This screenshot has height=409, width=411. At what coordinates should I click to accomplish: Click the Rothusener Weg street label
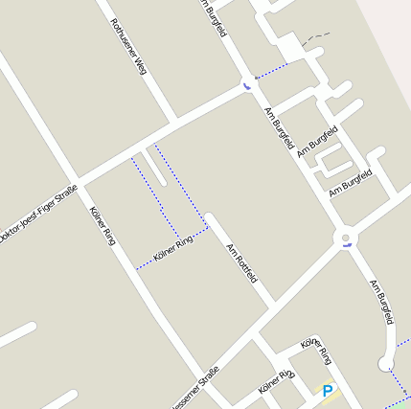pyautogui.click(x=126, y=47)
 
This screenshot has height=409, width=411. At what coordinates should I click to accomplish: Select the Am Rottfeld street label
pyautogui.click(x=242, y=263)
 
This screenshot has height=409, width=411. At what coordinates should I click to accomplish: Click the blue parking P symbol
pyautogui.click(x=328, y=391)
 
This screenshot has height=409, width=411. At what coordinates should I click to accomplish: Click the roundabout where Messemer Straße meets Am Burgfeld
pyautogui.click(x=344, y=238)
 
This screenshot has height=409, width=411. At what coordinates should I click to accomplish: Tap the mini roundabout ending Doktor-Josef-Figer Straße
pyautogui.click(x=249, y=82)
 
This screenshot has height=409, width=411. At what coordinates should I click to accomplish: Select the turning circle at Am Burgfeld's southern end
pyautogui.click(x=386, y=363)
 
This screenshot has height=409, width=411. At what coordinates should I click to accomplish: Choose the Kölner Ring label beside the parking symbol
pyautogui.click(x=317, y=352)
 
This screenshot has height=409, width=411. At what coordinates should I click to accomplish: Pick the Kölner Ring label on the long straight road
pyautogui.click(x=102, y=225)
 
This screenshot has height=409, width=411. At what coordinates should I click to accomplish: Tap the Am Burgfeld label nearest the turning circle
pyautogui.click(x=382, y=302)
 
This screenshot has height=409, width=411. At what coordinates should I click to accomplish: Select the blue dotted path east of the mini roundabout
pyautogui.click(x=272, y=70)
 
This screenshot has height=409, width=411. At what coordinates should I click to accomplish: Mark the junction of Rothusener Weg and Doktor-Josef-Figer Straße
pyautogui.click(x=176, y=122)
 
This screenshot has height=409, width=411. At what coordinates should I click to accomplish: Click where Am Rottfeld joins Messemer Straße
pyautogui.click(x=272, y=306)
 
